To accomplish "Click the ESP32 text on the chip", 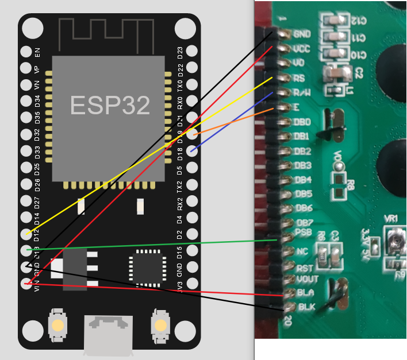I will point(110,105).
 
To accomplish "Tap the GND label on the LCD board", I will point(302,34).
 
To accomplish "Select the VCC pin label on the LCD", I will point(302,49).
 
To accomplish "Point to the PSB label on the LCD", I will point(302,233).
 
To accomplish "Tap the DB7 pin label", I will point(303,223).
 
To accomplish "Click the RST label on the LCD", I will point(304,268).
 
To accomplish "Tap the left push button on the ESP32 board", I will point(57,326).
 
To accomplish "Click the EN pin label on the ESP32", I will point(38,52).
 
